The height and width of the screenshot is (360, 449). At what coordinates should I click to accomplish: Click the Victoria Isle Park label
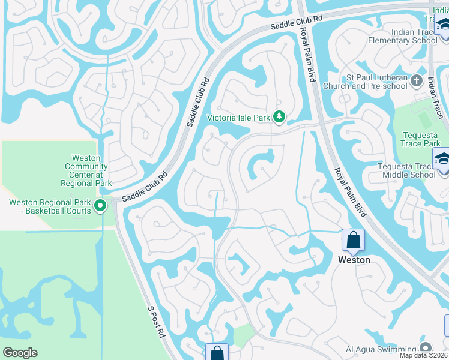[238, 118]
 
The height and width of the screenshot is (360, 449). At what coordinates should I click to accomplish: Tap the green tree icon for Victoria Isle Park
[279, 117]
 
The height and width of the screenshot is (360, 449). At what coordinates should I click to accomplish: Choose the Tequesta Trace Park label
[420, 140]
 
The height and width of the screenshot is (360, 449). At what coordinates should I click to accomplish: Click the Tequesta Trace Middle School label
[406, 170]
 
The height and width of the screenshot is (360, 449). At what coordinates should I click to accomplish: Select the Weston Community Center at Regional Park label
[86, 170]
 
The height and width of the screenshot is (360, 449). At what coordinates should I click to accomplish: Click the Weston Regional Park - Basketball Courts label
[50, 206]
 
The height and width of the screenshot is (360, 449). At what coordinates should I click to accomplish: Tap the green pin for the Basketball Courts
[101, 206]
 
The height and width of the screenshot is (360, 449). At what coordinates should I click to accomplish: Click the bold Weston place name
[354, 260]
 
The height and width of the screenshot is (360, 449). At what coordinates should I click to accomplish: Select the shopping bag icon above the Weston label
[354, 241]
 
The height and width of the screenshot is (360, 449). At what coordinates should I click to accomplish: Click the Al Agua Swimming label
[381, 349]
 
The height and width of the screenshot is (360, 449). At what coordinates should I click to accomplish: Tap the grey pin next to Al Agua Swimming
[426, 348]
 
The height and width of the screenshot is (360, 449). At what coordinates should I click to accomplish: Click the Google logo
[20, 353]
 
